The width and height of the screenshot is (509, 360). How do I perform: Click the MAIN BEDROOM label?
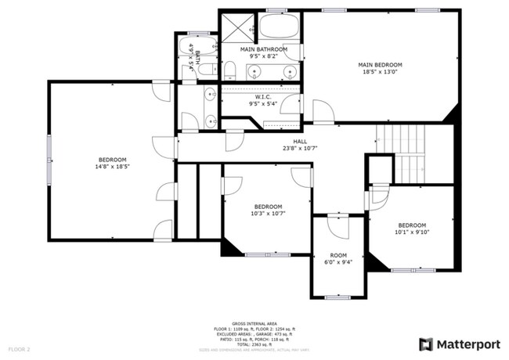pos(380,65)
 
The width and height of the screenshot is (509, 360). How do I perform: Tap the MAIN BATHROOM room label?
pos(263,49)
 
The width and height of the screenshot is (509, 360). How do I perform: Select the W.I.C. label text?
pos(263,96)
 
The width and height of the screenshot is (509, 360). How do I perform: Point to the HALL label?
pos(300,142)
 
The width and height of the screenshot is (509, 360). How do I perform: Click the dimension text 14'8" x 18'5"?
pos(113,166)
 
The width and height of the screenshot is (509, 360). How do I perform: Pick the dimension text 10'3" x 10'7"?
pos(268,213)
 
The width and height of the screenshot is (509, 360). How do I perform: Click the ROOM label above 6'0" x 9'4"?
pos(338,255)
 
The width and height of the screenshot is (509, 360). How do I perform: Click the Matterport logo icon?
pos(426,344)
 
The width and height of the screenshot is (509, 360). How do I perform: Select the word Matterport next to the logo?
pos(467,344)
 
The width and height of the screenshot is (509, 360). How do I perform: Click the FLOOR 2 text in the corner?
pos(20,348)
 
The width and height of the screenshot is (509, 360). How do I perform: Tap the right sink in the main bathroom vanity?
pos(291,73)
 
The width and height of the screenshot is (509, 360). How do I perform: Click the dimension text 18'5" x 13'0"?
pos(380,73)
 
